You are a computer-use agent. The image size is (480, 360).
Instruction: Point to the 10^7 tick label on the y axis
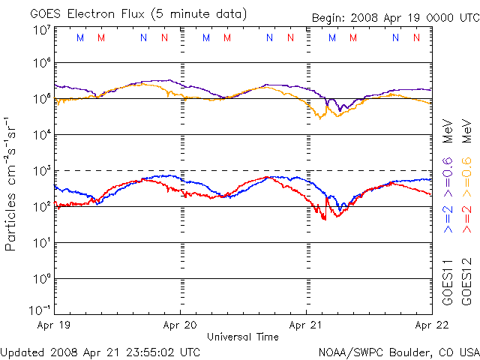coord(41,29)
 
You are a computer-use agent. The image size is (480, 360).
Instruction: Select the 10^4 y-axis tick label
coord(41,134)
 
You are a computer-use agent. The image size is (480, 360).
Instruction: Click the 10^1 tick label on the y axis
coord(41,242)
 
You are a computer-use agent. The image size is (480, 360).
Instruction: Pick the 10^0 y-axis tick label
coord(41,278)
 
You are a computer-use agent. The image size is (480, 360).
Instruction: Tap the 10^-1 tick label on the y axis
coord(40,310)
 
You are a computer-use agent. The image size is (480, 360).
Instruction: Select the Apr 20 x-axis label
coord(181,326)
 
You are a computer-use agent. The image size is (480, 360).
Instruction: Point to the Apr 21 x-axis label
coord(306,326)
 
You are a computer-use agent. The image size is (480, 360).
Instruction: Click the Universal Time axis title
coord(242,337)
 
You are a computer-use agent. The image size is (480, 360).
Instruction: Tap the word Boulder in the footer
coord(404,351)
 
